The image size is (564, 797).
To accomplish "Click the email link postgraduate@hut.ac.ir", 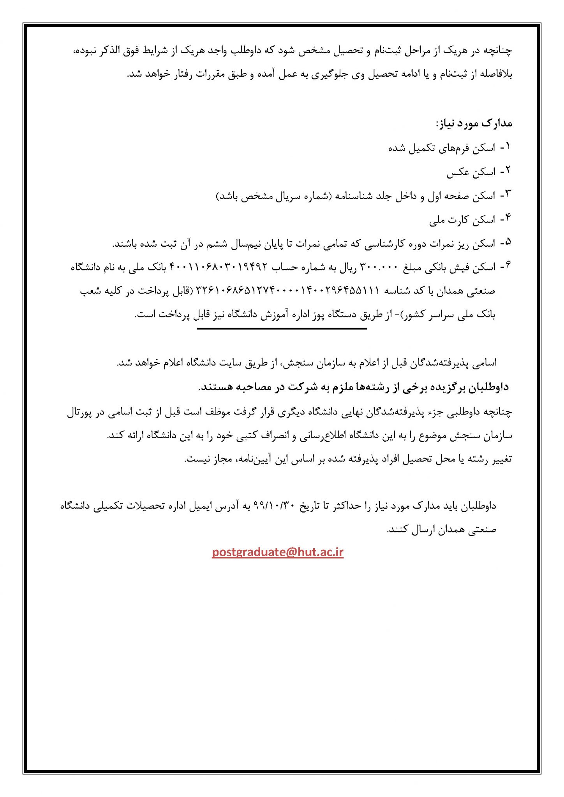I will pos(278,552).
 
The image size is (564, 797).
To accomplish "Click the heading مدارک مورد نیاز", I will pos(474,124).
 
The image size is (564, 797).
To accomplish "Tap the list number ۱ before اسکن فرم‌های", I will pos(507,147).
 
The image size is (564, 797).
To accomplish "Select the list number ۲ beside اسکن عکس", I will pos(507,171).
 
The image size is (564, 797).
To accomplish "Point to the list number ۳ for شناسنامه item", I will pos(507,195).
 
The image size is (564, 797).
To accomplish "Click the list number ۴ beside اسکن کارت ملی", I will pos(507,219).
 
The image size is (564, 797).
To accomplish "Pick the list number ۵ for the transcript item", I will pos(507,243).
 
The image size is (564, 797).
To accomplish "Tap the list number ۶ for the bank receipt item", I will pos(507,266).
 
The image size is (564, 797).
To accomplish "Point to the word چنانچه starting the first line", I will pos(498,51).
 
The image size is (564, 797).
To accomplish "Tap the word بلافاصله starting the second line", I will pos(495,74).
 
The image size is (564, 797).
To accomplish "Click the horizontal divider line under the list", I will pos(282,329).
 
